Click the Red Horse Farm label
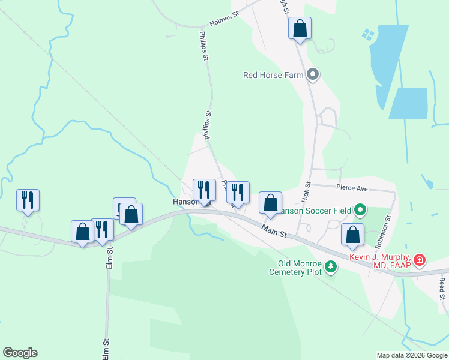click(x=273, y=75)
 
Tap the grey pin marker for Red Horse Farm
click(x=312, y=75)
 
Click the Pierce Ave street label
click(x=352, y=188)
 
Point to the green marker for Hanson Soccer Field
click(x=360, y=210)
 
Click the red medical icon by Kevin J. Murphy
click(x=420, y=260)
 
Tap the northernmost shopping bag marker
click(x=300, y=28)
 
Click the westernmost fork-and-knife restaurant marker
click(x=28, y=200)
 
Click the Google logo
click(x=20, y=353)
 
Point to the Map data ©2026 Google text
click(x=412, y=355)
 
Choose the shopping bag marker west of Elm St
click(x=82, y=232)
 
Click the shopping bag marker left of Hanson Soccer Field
click(x=270, y=203)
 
